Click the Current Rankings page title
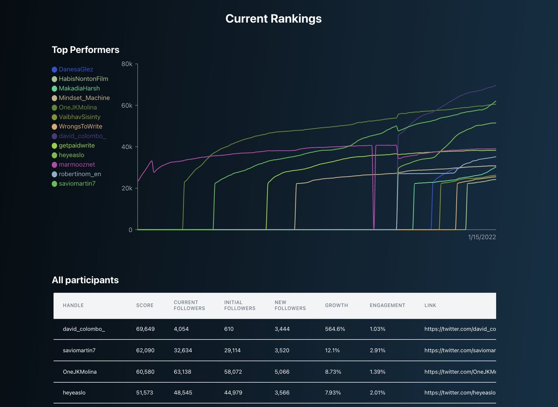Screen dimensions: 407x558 pos(273,19)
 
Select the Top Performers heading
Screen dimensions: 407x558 pos(86,50)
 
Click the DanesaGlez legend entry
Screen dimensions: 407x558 pos(76,69)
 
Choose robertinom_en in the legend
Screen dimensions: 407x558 pos(80,174)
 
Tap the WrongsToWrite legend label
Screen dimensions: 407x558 pos(80,127)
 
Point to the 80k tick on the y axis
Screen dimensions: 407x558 pos(126,64)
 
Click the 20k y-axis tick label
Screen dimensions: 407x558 pos(126,188)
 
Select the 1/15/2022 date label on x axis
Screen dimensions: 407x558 pos(482,237)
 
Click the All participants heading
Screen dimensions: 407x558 pos(85,280)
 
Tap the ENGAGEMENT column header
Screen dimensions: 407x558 pos(387,306)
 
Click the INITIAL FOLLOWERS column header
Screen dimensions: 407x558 pos(239,305)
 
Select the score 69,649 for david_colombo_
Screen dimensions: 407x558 pos(145,329)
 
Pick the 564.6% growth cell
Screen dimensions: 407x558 pos(335,329)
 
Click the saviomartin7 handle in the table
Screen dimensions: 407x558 pos(79,350)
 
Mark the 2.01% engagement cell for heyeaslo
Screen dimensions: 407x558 pos(377,393)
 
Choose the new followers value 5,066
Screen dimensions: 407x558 pos(282,372)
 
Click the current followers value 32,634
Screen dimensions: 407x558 pos(182,350)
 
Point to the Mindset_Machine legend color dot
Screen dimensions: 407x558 pos(54,98)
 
